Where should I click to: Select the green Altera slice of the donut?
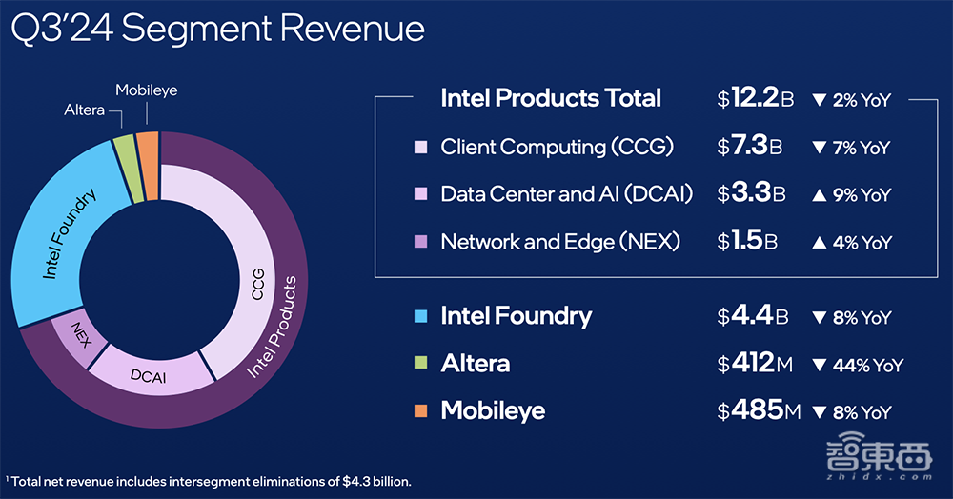point(124,155)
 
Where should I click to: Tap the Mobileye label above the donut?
point(146,90)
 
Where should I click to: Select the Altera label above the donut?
point(87,110)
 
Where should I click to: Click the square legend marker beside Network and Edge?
point(420,242)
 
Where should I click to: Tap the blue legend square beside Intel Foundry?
point(420,316)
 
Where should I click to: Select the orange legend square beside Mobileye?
point(420,410)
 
